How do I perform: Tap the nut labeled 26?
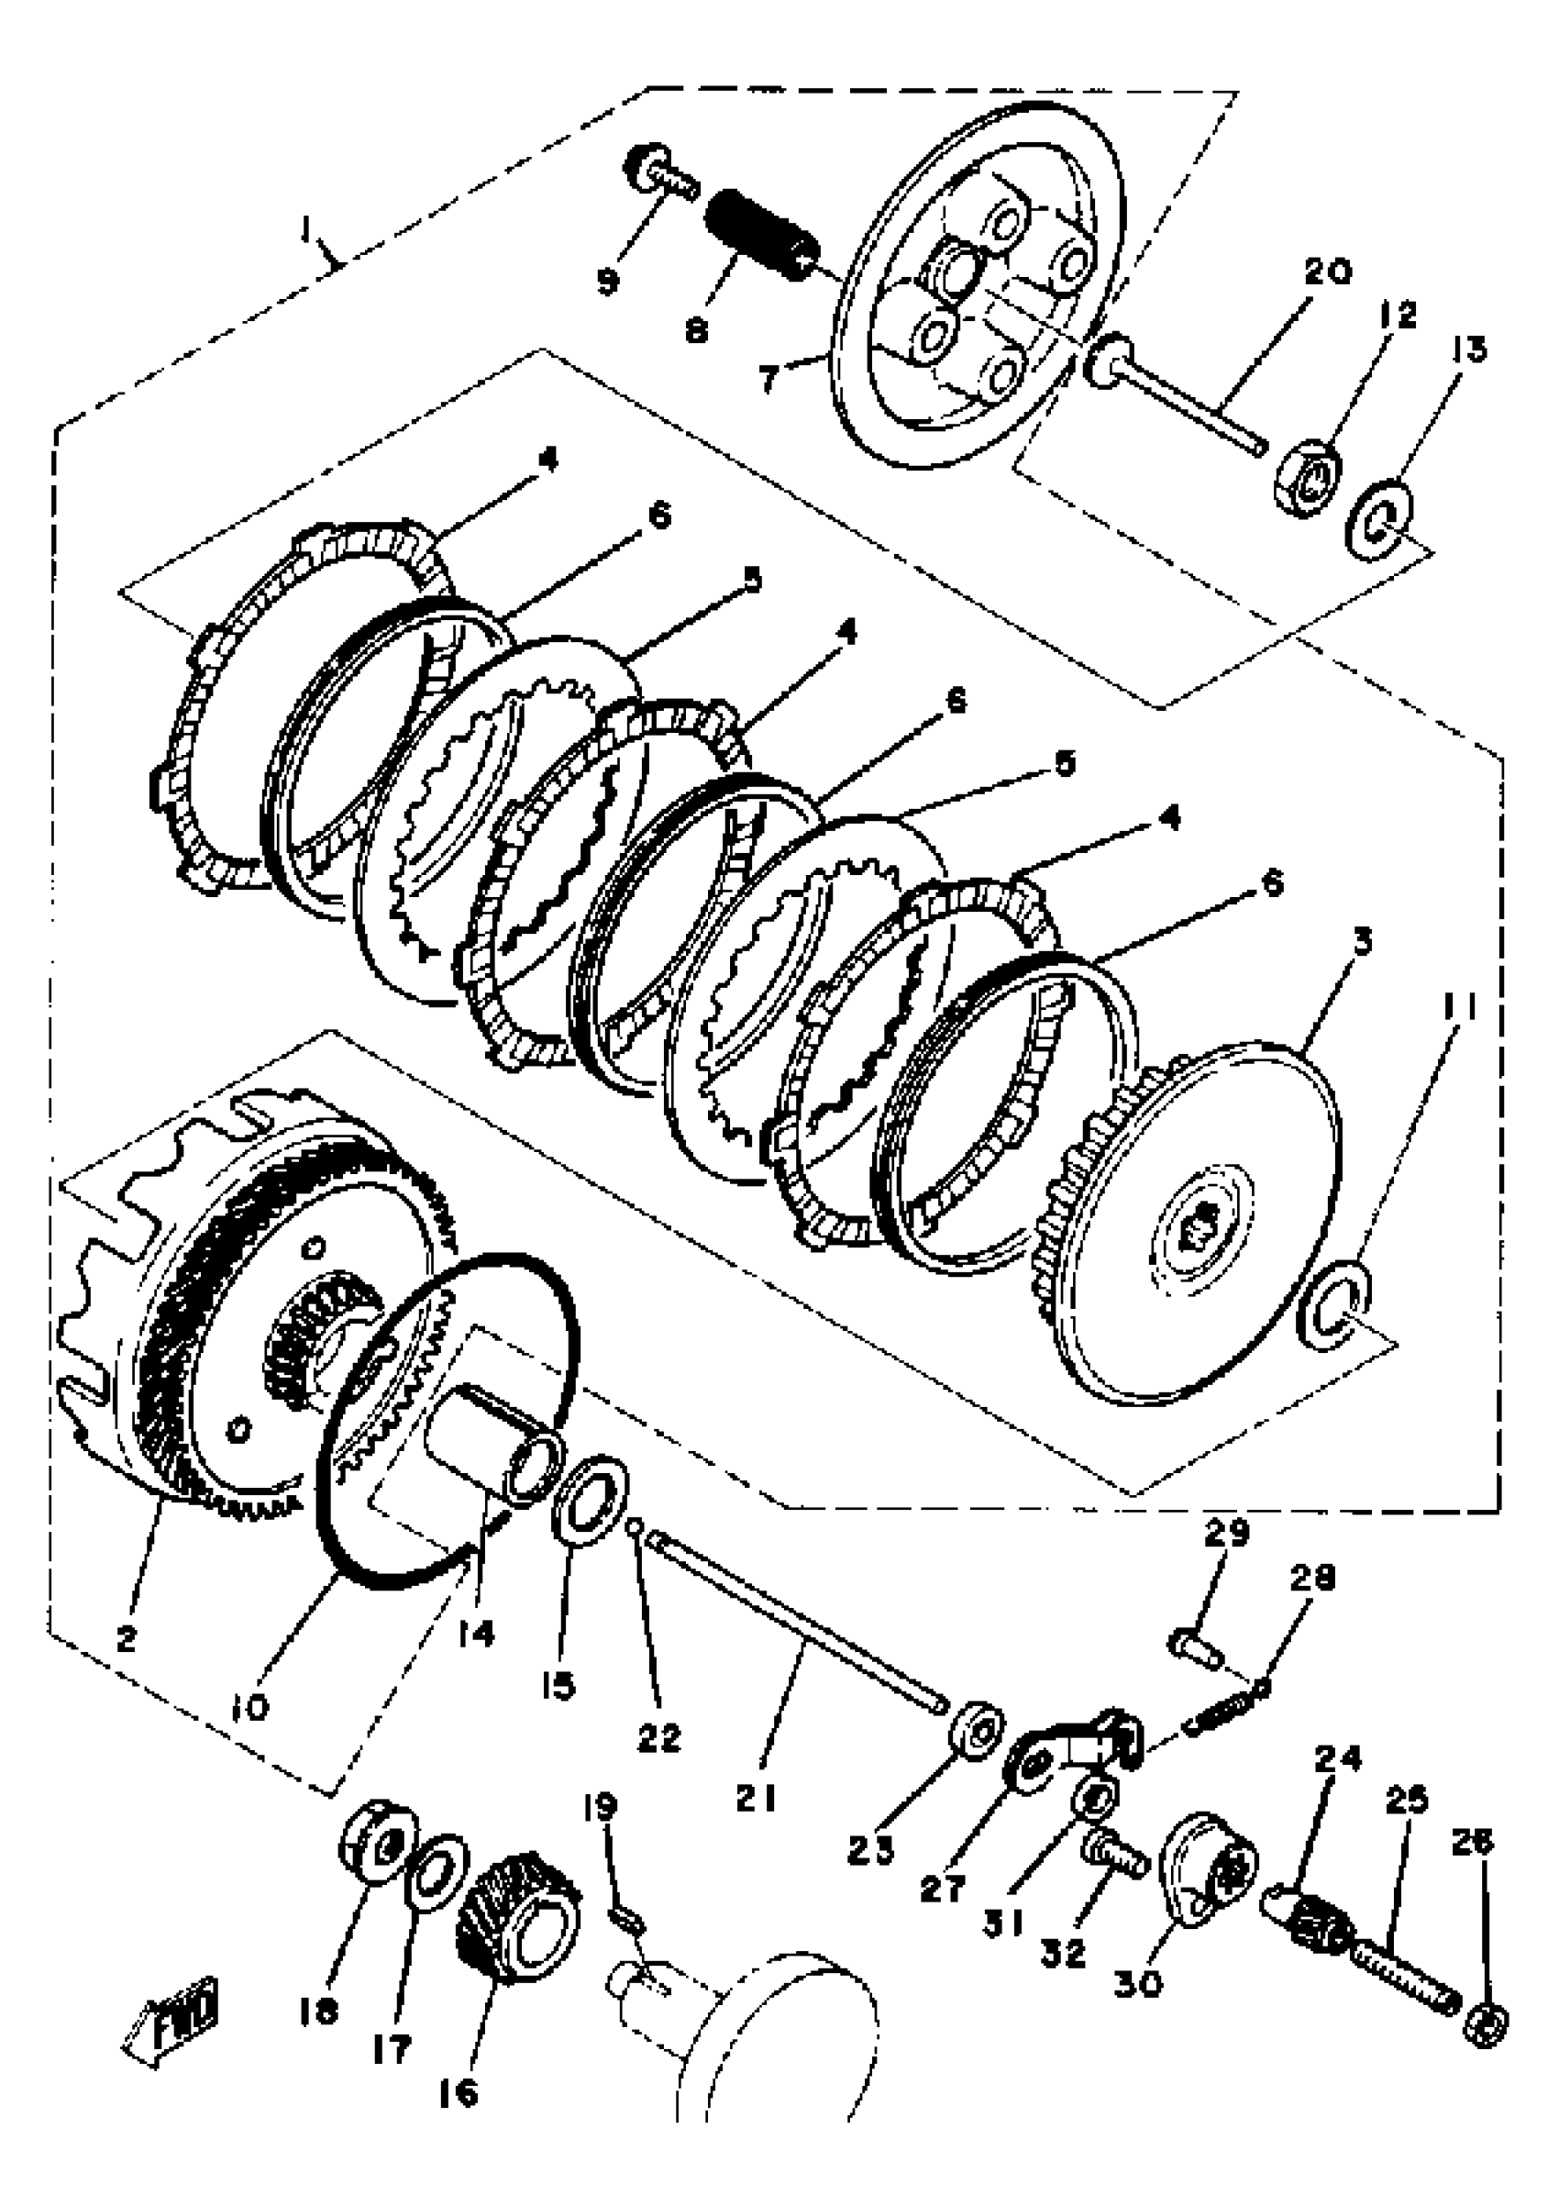pos(1486,2025)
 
